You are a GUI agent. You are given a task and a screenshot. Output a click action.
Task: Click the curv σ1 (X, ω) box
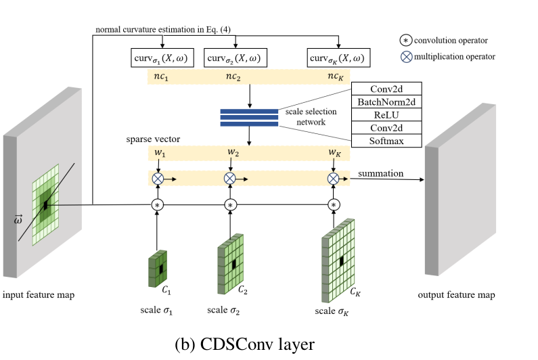click(162, 58)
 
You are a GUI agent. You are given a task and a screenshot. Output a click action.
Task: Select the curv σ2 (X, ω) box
click(233, 58)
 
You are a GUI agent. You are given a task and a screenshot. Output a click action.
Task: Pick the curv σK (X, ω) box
click(336, 58)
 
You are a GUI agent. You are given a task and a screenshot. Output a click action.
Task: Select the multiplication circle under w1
click(158, 179)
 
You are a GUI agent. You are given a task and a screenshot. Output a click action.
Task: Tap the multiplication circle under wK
click(333, 179)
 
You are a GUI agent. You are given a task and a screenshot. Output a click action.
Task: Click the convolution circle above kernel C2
click(231, 204)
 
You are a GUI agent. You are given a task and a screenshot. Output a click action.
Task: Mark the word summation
click(381, 174)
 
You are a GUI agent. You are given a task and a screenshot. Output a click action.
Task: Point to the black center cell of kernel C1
click(161, 269)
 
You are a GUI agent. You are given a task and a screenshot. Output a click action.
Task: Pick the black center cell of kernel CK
click(341, 261)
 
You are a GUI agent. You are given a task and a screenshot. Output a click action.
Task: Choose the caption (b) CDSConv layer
click(244, 344)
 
